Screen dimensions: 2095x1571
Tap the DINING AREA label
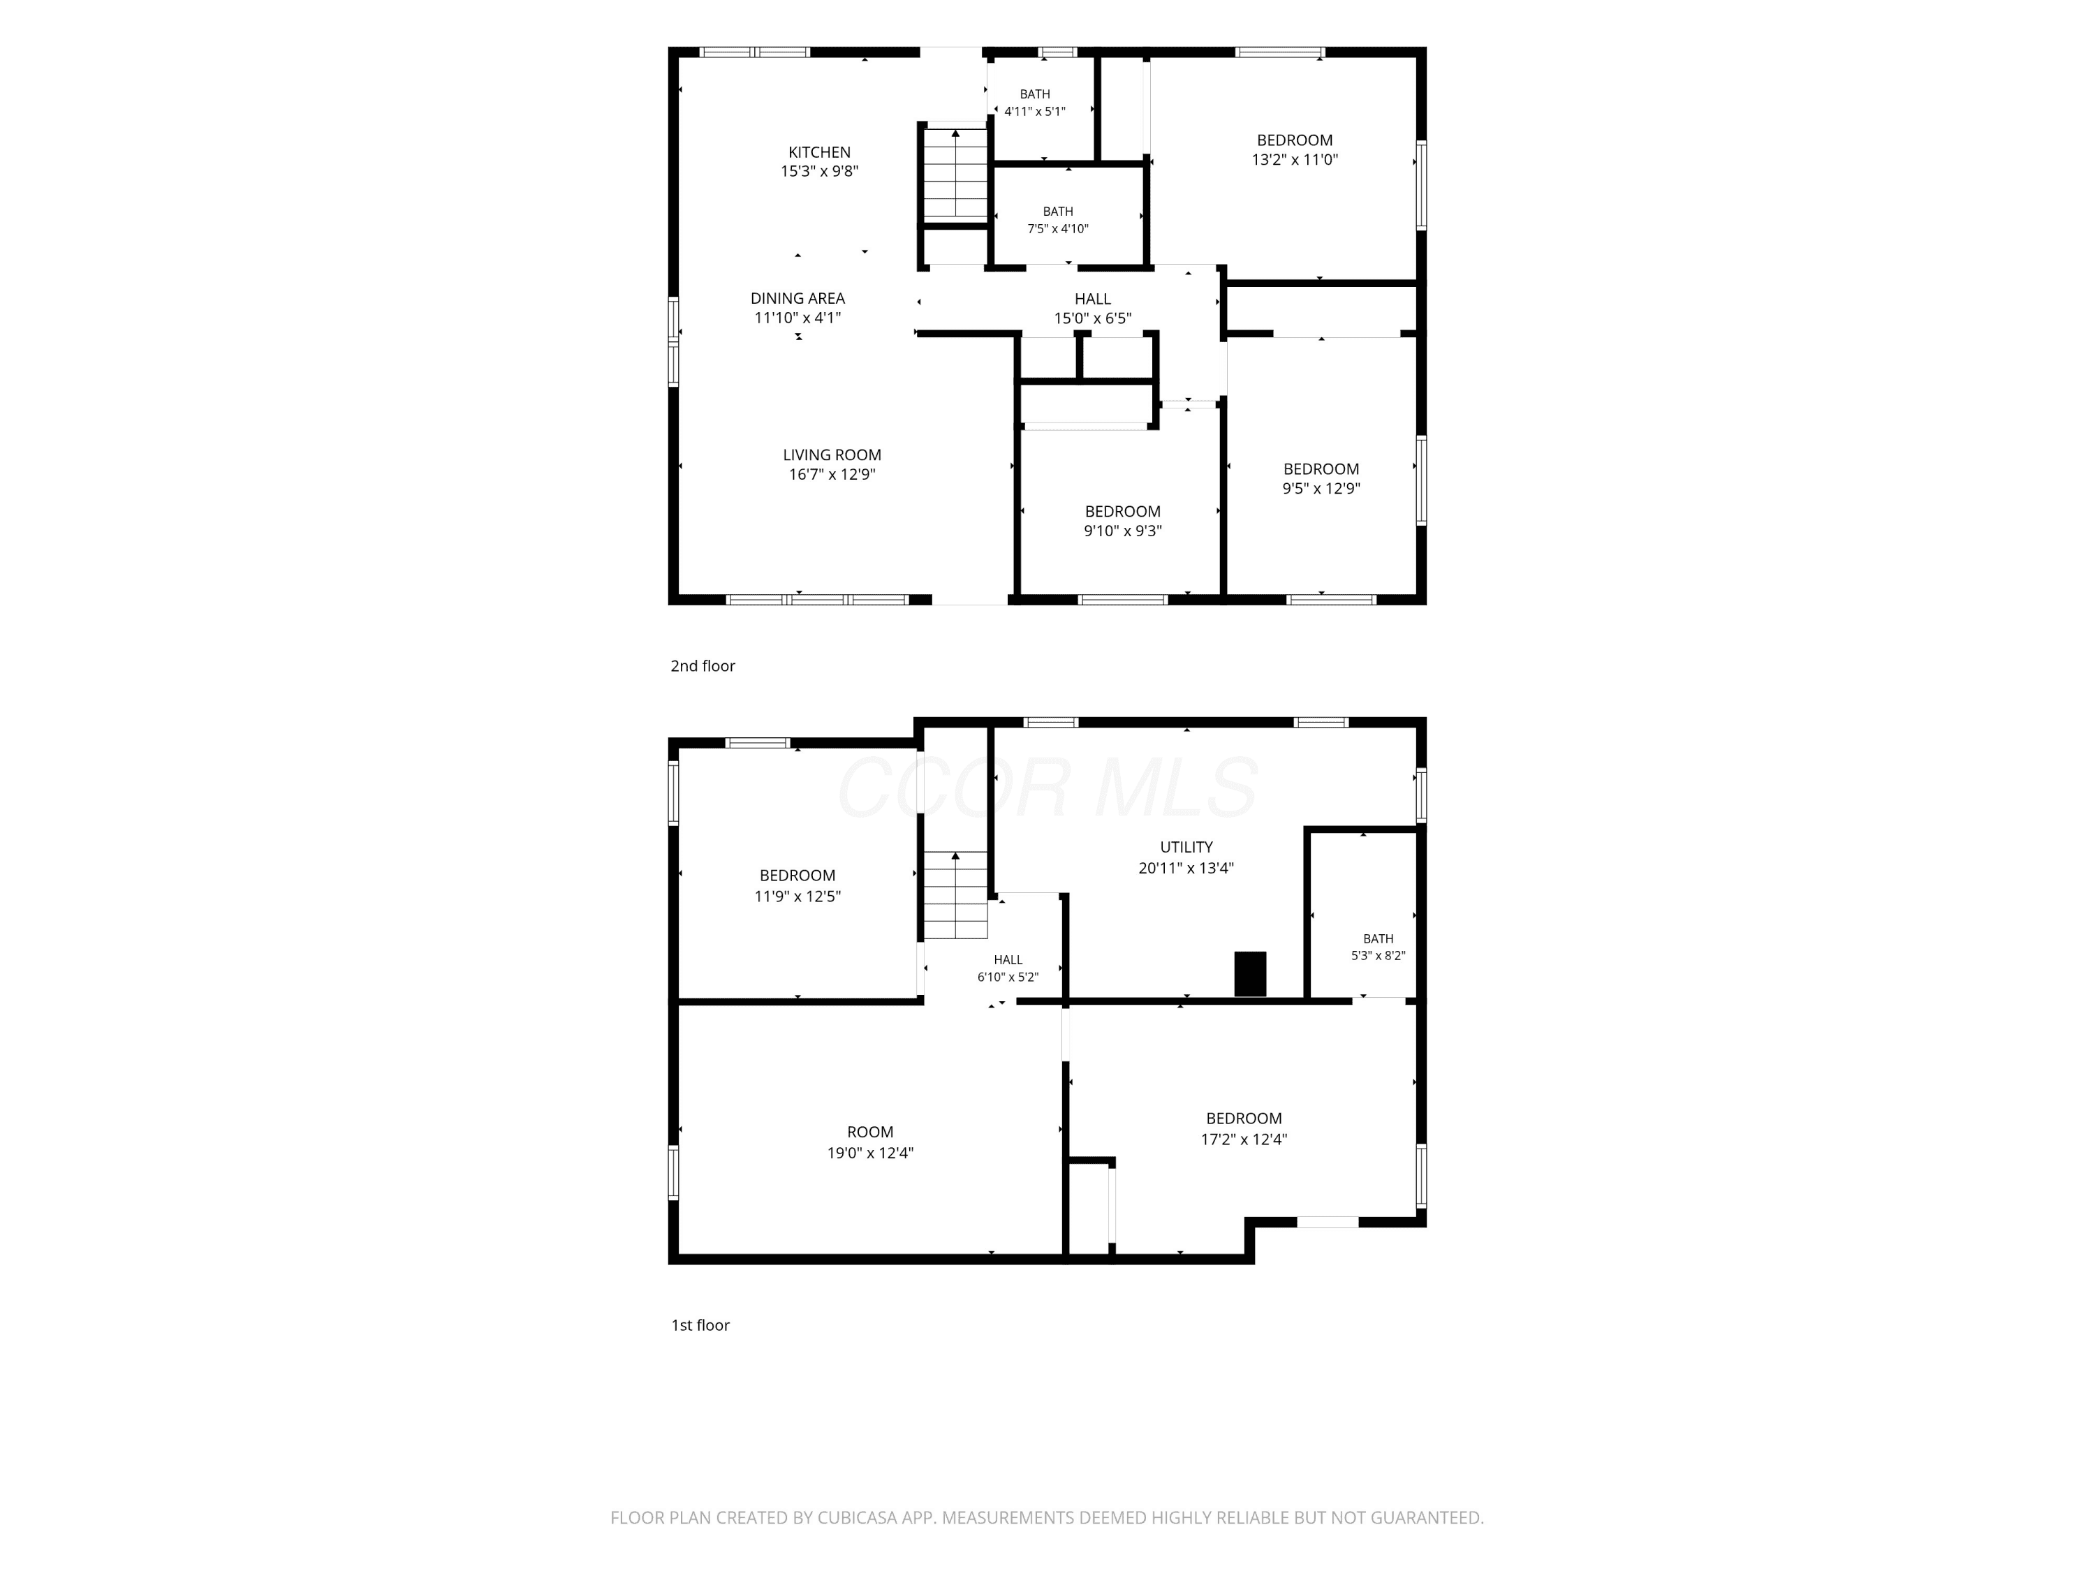coord(797,298)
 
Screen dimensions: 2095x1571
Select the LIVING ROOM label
coord(832,455)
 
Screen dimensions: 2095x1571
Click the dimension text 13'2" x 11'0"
coord(1295,160)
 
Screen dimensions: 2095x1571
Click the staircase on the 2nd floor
coord(955,175)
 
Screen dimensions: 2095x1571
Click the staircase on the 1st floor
coord(955,895)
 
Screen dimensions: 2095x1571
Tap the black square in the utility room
coord(1250,973)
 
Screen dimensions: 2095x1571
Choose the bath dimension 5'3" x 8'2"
coord(1378,955)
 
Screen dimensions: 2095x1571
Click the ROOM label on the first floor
coord(869,1132)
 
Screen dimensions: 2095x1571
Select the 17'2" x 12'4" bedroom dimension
coord(1244,1139)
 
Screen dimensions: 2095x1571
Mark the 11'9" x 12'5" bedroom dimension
coord(797,896)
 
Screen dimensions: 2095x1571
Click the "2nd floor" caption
coord(703,665)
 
